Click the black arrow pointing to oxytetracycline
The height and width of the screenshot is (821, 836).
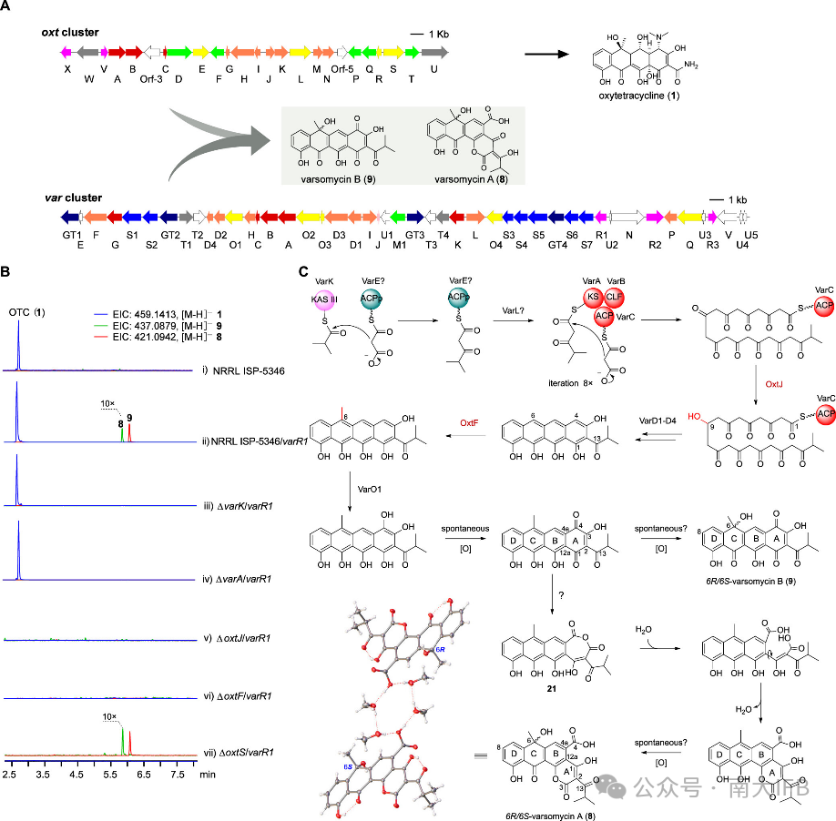(x=555, y=55)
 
